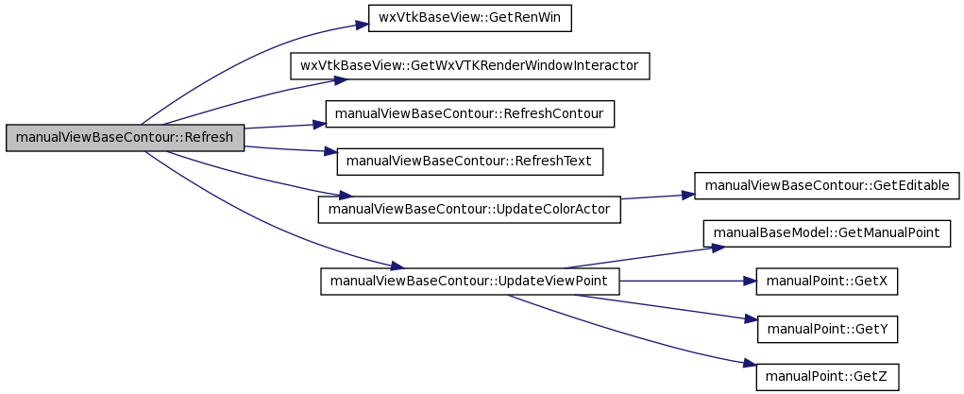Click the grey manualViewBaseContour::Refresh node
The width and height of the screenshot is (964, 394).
coord(126,137)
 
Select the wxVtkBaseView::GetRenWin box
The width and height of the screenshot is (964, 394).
coord(469,18)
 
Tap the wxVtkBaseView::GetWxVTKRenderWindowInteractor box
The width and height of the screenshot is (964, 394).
coord(469,66)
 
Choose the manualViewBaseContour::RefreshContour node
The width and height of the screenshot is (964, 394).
coord(469,114)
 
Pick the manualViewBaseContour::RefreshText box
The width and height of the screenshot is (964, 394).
coord(469,162)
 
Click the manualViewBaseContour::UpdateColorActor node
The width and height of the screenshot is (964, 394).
coord(469,210)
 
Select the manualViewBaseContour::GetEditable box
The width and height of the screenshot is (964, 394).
coord(827,185)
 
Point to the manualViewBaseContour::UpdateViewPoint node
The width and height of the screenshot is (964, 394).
coord(469,282)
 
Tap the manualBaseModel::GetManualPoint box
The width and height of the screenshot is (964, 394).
coord(827,233)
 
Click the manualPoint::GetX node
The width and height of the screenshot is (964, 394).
coord(827,282)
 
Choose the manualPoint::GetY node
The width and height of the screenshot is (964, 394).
coord(827,330)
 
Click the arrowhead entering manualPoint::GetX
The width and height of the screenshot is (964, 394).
coord(750,282)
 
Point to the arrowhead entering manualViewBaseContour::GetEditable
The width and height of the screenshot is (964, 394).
coord(688,195)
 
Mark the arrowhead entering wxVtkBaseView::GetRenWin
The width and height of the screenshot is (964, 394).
coord(362,26)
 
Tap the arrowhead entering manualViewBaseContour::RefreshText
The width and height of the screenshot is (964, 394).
coord(330,151)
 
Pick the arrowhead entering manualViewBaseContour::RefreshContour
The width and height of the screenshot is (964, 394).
coord(318,125)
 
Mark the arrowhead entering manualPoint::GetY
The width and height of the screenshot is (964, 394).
coord(751,319)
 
